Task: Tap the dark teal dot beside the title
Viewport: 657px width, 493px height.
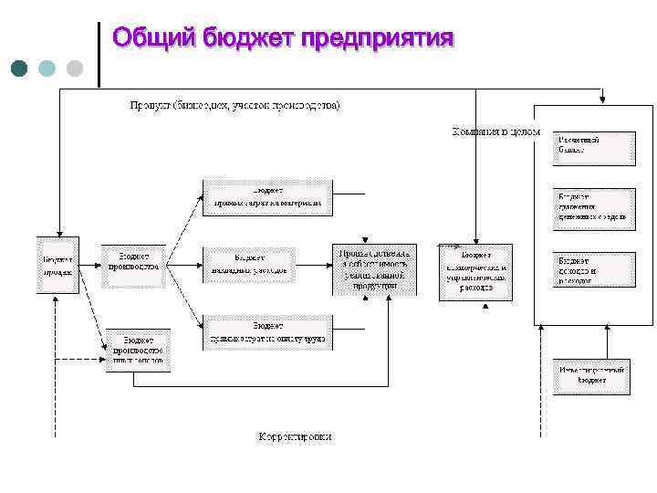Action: click(x=20, y=68)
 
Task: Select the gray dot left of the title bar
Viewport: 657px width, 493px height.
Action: click(x=75, y=68)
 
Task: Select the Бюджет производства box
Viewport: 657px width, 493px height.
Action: click(x=134, y=265)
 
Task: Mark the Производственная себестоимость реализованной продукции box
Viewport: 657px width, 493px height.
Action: click(x=376, y=269)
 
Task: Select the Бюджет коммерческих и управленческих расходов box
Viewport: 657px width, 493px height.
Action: click(x=475, y=271)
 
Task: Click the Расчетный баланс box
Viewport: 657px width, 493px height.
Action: click(x=593, y=148)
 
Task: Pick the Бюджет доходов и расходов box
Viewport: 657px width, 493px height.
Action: click(x=593, y=270)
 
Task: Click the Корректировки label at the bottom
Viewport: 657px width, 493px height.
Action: click(x=295, y=436)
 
